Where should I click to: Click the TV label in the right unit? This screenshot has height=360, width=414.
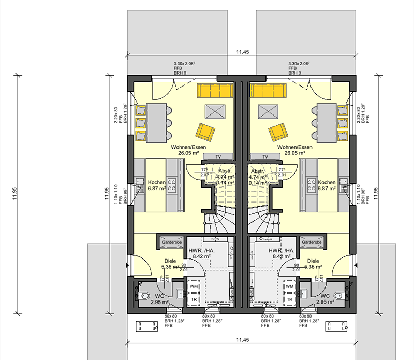(x=265, y=156)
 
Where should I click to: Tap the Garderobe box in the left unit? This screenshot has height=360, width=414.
(x=171, y=242)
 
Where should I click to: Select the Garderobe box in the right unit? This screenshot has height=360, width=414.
(x=312, y=242)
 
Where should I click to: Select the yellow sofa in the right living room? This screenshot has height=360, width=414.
(x=268, y=91)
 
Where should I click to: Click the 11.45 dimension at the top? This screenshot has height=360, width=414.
(x=242, y=52)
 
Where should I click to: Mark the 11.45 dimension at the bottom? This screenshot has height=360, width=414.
(x=242, y=339)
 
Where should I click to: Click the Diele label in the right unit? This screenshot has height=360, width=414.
(x=313, y=261)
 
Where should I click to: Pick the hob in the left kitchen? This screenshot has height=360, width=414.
(x=172, y=185)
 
